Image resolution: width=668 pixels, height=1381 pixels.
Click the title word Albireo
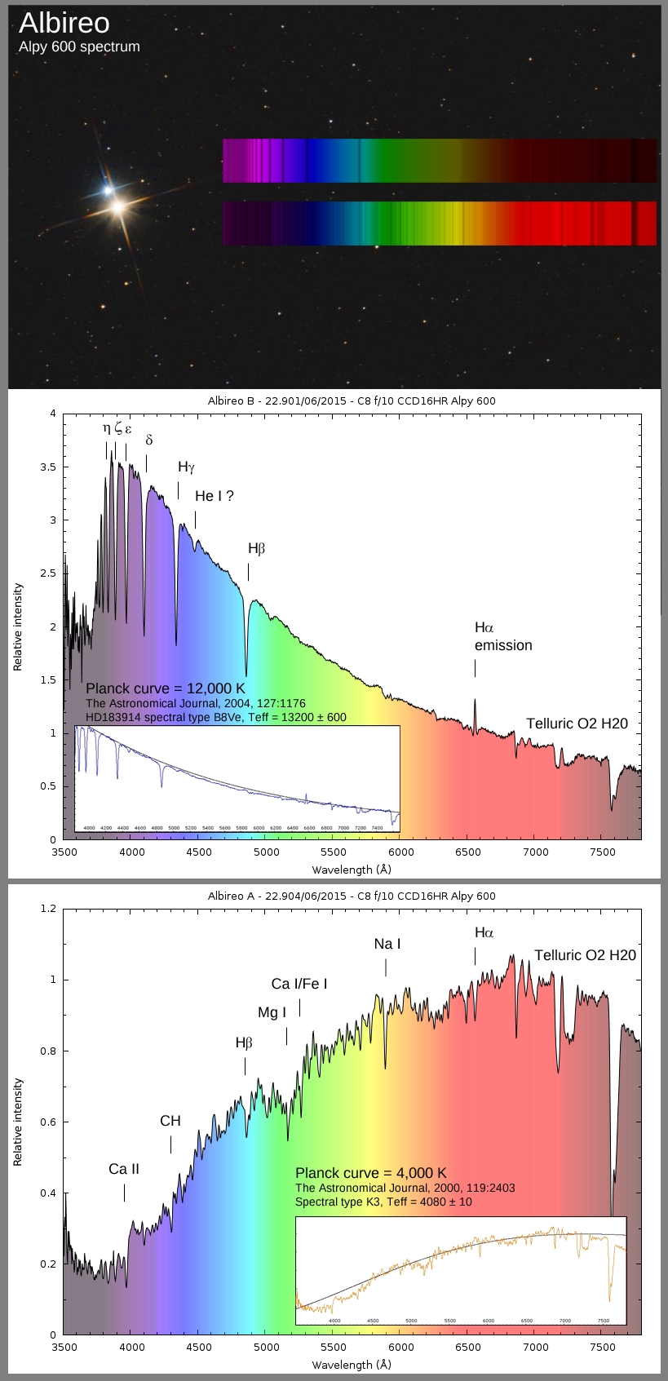[64, 23]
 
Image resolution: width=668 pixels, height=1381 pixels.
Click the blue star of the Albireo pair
[108, 190]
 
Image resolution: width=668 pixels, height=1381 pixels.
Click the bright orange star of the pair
[119, 207]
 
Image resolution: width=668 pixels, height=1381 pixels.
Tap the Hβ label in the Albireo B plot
[257, 549]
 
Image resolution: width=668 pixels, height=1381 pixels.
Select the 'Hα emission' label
[502, 636]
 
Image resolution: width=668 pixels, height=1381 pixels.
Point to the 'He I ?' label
[214, 496]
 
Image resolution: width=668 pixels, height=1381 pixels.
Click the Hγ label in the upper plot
[187, 467]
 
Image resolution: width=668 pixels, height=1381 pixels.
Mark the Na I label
[387, 944]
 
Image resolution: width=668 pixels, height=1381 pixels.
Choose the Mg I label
[272, 1012]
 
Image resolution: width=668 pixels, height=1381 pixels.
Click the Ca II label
[124, 1169]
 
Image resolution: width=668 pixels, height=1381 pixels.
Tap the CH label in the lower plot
[170, 1121]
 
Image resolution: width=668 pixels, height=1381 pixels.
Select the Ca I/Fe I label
[299, 984]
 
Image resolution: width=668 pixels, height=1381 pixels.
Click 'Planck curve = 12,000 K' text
[166, 688]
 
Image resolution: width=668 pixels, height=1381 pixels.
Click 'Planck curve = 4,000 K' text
[371, 1173]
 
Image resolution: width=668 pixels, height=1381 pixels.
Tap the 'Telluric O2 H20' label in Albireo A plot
[585, 955]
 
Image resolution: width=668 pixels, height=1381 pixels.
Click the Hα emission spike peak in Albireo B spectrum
[475, 700]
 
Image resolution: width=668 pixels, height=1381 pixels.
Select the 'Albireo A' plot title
[352, 896]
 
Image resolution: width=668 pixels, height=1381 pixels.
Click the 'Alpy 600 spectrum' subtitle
[79, 46]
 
